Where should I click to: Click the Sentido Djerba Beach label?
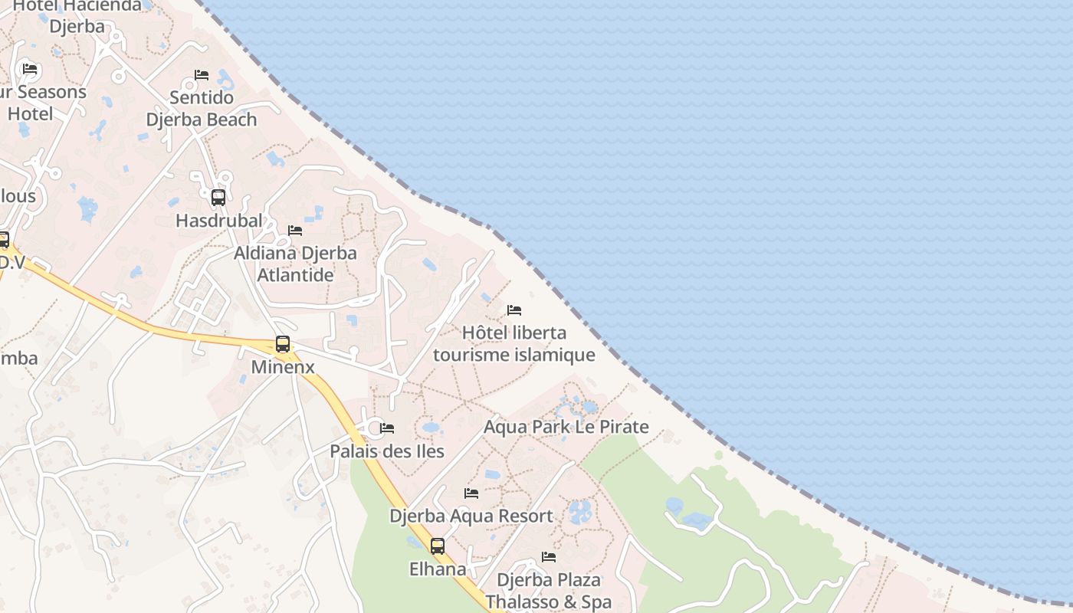click(x=202, y=109)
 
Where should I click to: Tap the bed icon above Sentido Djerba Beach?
click(x=202, y=75)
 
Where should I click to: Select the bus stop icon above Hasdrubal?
click(x=218, y=198)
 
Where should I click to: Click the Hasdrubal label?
click(x=218, y=221)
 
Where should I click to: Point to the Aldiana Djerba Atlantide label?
click(x=295, y=264)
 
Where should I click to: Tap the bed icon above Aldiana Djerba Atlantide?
click(x=295, y=231)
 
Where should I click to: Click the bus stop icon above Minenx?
click(x=283, y=344)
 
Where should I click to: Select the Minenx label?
click(x=283, y=367)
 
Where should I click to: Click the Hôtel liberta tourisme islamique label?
click(x=514, y=343)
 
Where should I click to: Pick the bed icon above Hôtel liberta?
click(x=514, y=310)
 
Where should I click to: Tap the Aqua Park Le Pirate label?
click(x=566, y=427)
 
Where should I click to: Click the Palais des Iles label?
click(x=387, y=451)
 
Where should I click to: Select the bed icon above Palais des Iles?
click(x=387, y=428)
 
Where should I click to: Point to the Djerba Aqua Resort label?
click(x=471, y=516)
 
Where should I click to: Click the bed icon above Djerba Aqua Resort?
click(x=471, y=493)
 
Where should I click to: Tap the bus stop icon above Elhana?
click(x=438, y=546)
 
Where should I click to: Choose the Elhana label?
click(x=438, y=569)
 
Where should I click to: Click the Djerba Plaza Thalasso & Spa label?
click(x=549, y=591)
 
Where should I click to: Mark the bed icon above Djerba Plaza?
click(x=549, y=557)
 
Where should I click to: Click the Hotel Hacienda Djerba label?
click(x=77, y=15)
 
